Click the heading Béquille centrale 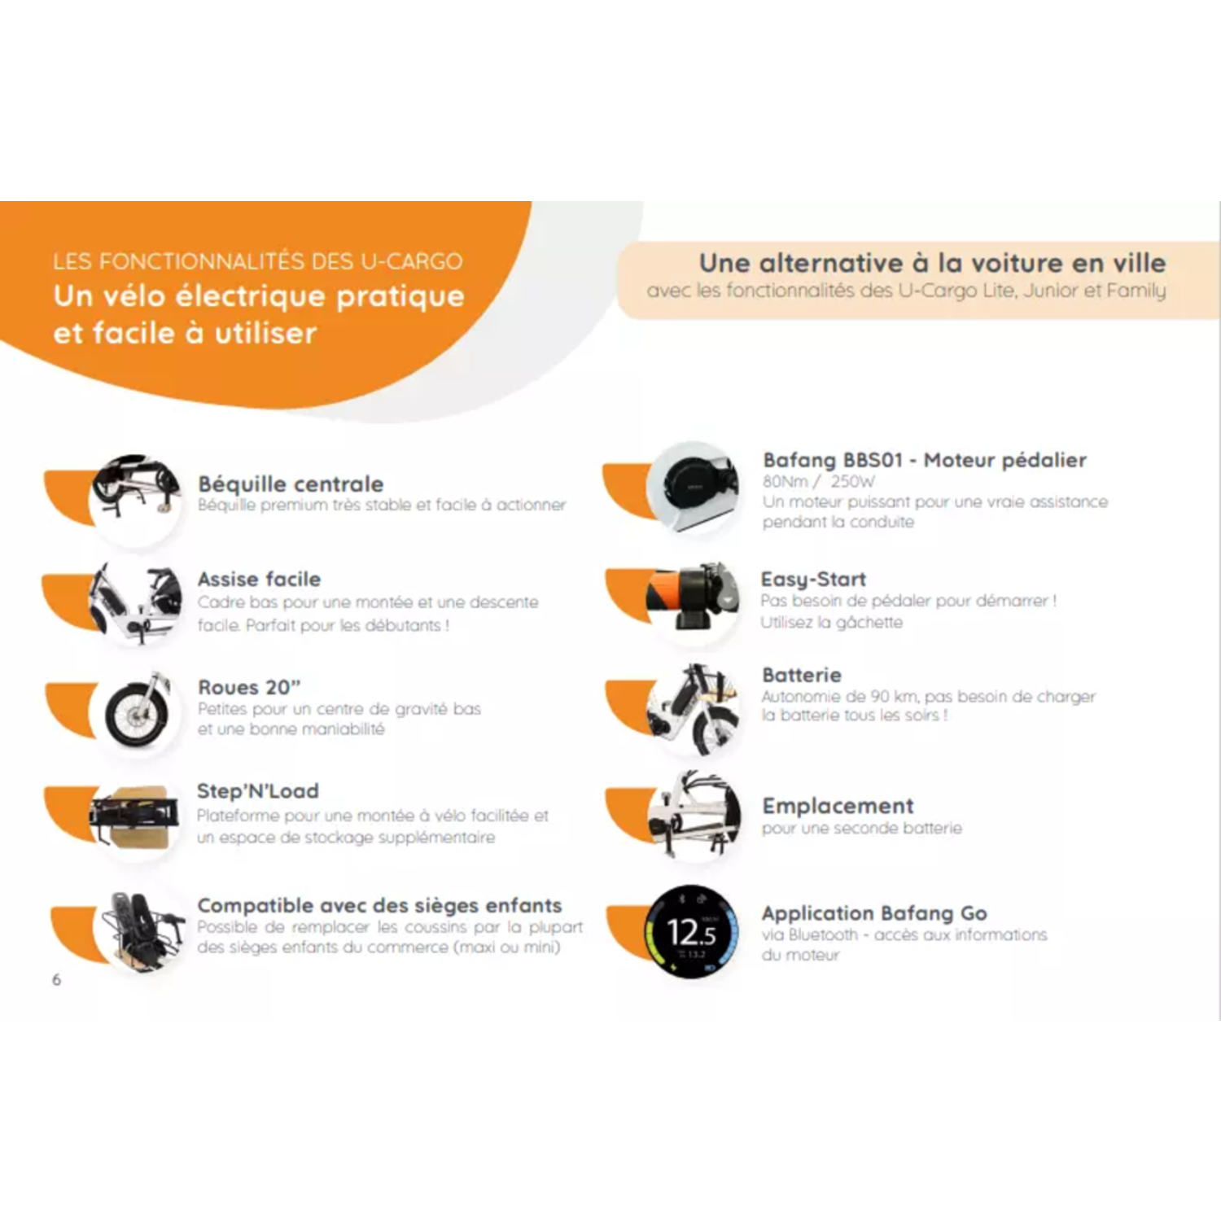coord(291,484)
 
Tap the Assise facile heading coord(259,580)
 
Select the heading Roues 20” coord(249,687)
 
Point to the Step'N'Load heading coord(258,790)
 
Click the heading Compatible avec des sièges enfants coord(379,905)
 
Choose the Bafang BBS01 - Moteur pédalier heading coord(925,460)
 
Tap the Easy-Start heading coord(813,580)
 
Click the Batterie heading coord(802,675)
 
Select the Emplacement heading coord(838,806)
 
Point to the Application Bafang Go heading coord(874,913)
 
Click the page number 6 coord(56,979)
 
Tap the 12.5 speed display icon coord(692,931)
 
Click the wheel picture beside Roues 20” coord(137,711)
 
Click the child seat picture coord(140,930)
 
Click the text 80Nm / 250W coord(819,481)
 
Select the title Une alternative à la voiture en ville coord(933,263)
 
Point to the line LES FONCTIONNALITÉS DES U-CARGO coord(258,261)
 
